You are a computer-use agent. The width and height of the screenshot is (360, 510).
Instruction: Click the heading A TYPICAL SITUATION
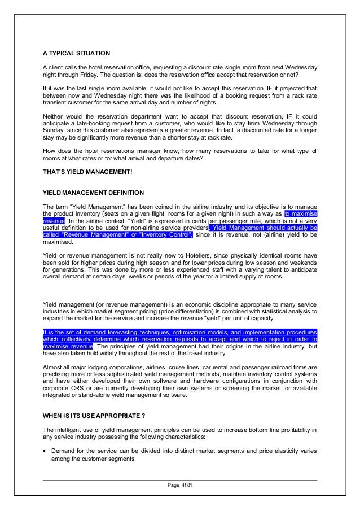pos(77,53)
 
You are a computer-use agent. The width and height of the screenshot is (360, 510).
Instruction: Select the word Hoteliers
pos(195,256)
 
